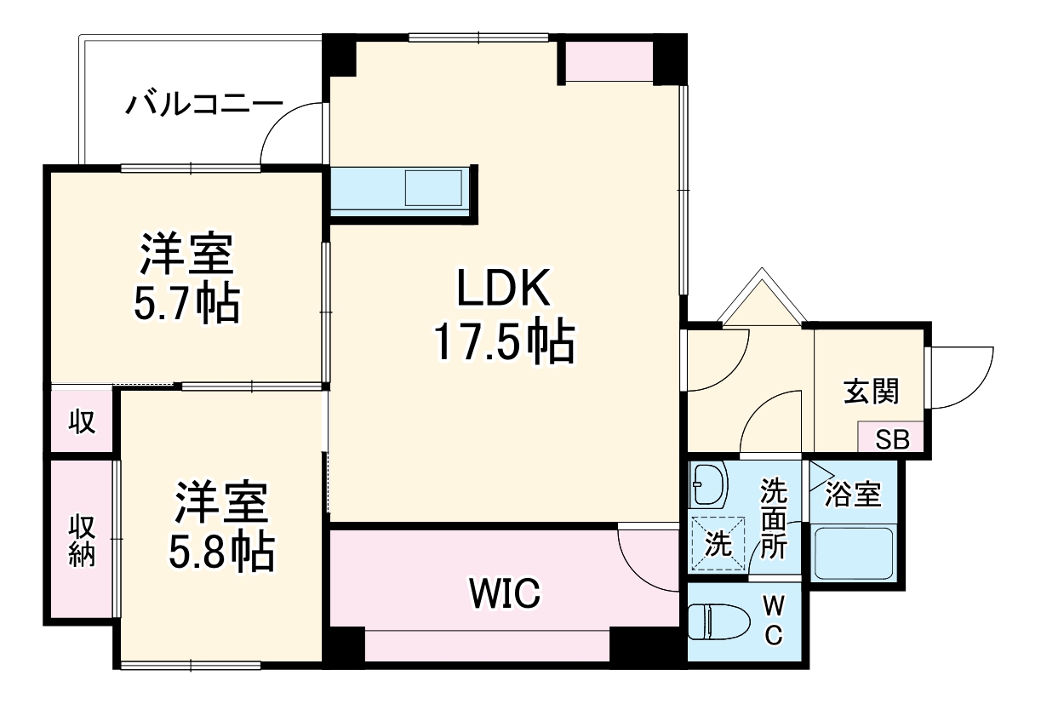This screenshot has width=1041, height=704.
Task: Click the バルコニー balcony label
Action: [204, 106]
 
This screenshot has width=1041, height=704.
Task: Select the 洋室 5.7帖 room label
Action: [186, 278]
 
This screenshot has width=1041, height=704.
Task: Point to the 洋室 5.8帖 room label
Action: [223, 527]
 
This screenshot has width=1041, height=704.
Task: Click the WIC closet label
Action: [503, 593]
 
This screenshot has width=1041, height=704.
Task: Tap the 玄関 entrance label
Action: [871, 392]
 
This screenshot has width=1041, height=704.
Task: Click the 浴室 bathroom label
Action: [854, 494]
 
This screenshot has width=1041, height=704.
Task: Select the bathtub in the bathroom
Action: [853, 553]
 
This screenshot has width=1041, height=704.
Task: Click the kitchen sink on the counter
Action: [433, 188]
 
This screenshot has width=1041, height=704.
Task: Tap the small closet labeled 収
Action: [82, 421]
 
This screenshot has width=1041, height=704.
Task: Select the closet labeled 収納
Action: [82, 541]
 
